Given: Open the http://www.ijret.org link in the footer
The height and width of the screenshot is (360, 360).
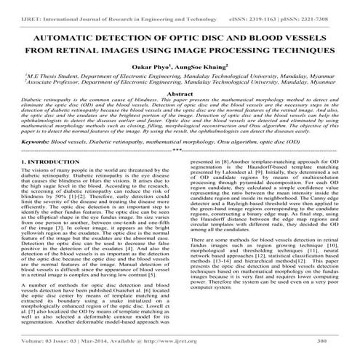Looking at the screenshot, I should [179, 339].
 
